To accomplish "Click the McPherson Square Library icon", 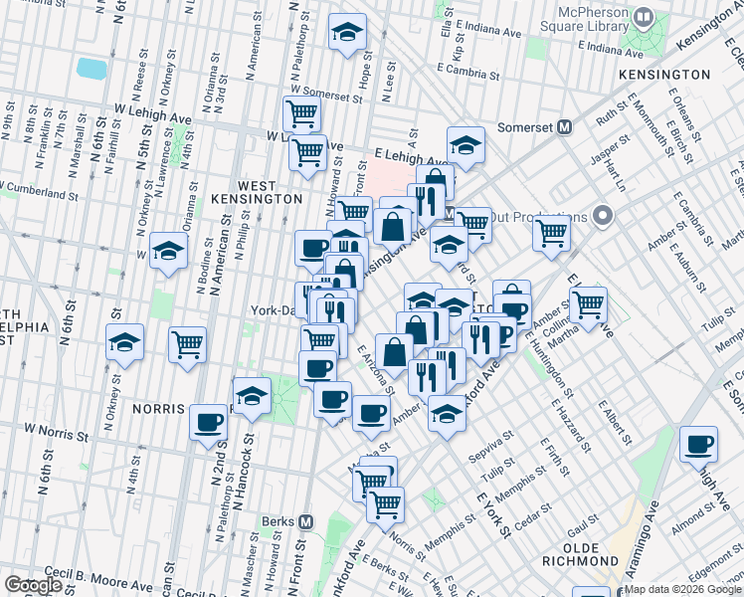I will (x=645, y=17).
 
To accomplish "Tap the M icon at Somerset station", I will (x=564, y=126).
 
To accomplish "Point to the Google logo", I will (x=33, y=585).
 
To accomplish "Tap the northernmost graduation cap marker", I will (x=347, y=34).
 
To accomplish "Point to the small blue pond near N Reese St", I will (x=91, y=68).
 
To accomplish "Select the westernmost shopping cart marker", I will (x=187, y=344).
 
